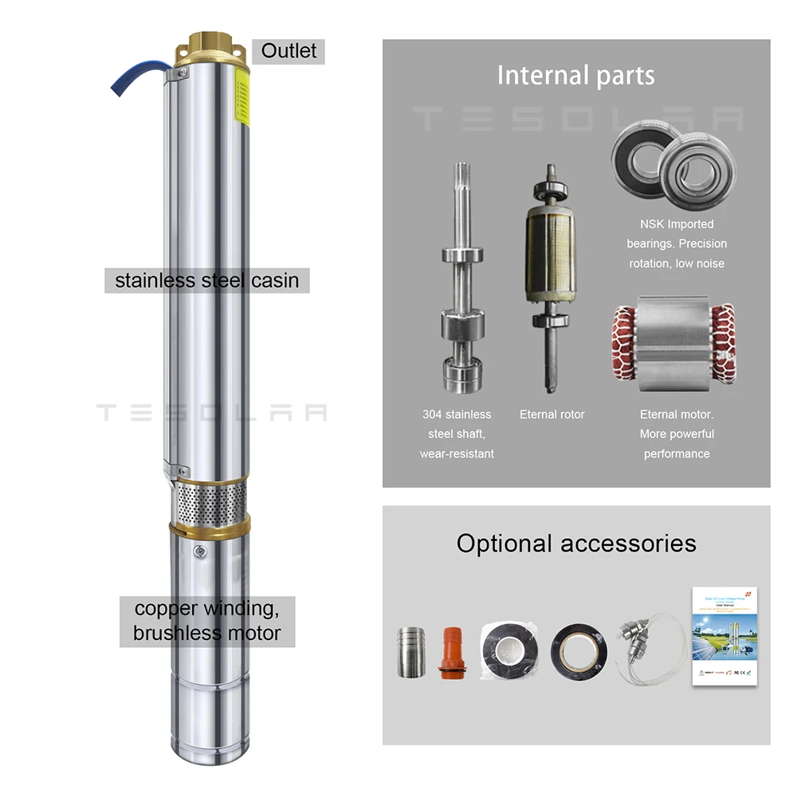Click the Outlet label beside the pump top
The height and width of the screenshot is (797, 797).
pos(289,51)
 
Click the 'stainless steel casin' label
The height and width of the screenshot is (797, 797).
pos(207,281)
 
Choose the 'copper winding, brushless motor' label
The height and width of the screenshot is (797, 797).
pos(206,621)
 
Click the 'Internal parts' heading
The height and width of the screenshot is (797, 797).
pos(575,76)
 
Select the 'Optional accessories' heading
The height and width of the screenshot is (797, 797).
pos(575,544)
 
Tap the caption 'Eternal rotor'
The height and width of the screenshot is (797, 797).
pos(552,414)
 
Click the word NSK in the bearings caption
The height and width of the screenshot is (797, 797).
pos(653,224)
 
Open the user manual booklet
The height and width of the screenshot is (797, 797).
pos(723,637)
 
